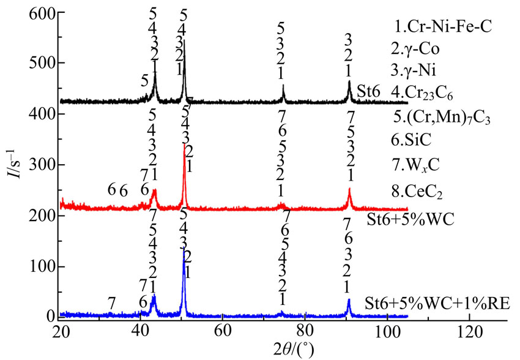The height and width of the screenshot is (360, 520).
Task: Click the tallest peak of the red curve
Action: point(184,145)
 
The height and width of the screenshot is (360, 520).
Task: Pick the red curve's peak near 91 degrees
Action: point(349,189)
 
